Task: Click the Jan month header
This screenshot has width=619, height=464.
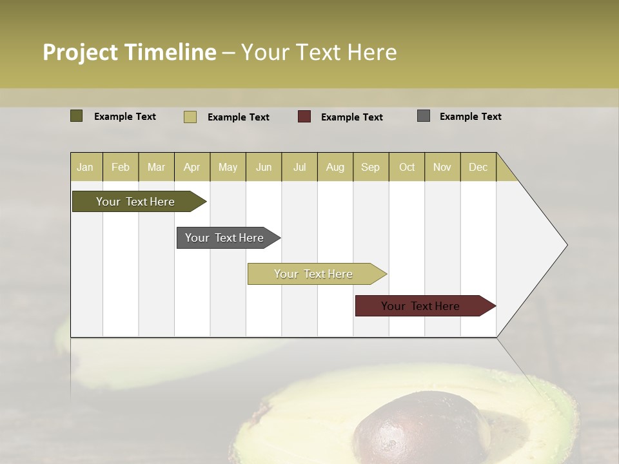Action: pos(86,168)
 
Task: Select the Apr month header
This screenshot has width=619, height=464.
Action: pos(192,168)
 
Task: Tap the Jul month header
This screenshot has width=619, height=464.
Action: pos(299,168)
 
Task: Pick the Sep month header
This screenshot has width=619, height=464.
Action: pos(371,168)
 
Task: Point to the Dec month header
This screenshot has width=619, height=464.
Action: pos(478,168)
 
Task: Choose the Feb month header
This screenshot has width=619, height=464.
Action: pos(121,168)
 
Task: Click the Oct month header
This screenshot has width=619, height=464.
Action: pos(406,168)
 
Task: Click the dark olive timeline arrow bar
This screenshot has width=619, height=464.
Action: pos(135,202)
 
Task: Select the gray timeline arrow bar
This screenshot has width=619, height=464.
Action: pos(225,238)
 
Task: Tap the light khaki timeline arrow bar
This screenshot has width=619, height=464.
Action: pos(313,274)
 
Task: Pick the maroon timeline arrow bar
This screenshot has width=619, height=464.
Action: pos(421,306)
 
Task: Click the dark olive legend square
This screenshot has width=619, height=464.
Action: pos(77,116)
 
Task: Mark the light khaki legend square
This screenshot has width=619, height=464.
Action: pos(190,117)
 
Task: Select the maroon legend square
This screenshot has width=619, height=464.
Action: pos(304,117)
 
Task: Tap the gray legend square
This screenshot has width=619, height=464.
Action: pos(424,116)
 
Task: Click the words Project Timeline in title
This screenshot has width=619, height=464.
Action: pos(129,52)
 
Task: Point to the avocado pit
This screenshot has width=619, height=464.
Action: pos(419,432)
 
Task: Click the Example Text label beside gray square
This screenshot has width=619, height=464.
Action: pos(470,117)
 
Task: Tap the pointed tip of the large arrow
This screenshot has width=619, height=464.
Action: pos(565,245)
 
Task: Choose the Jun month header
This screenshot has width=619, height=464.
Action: pos(264,168)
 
